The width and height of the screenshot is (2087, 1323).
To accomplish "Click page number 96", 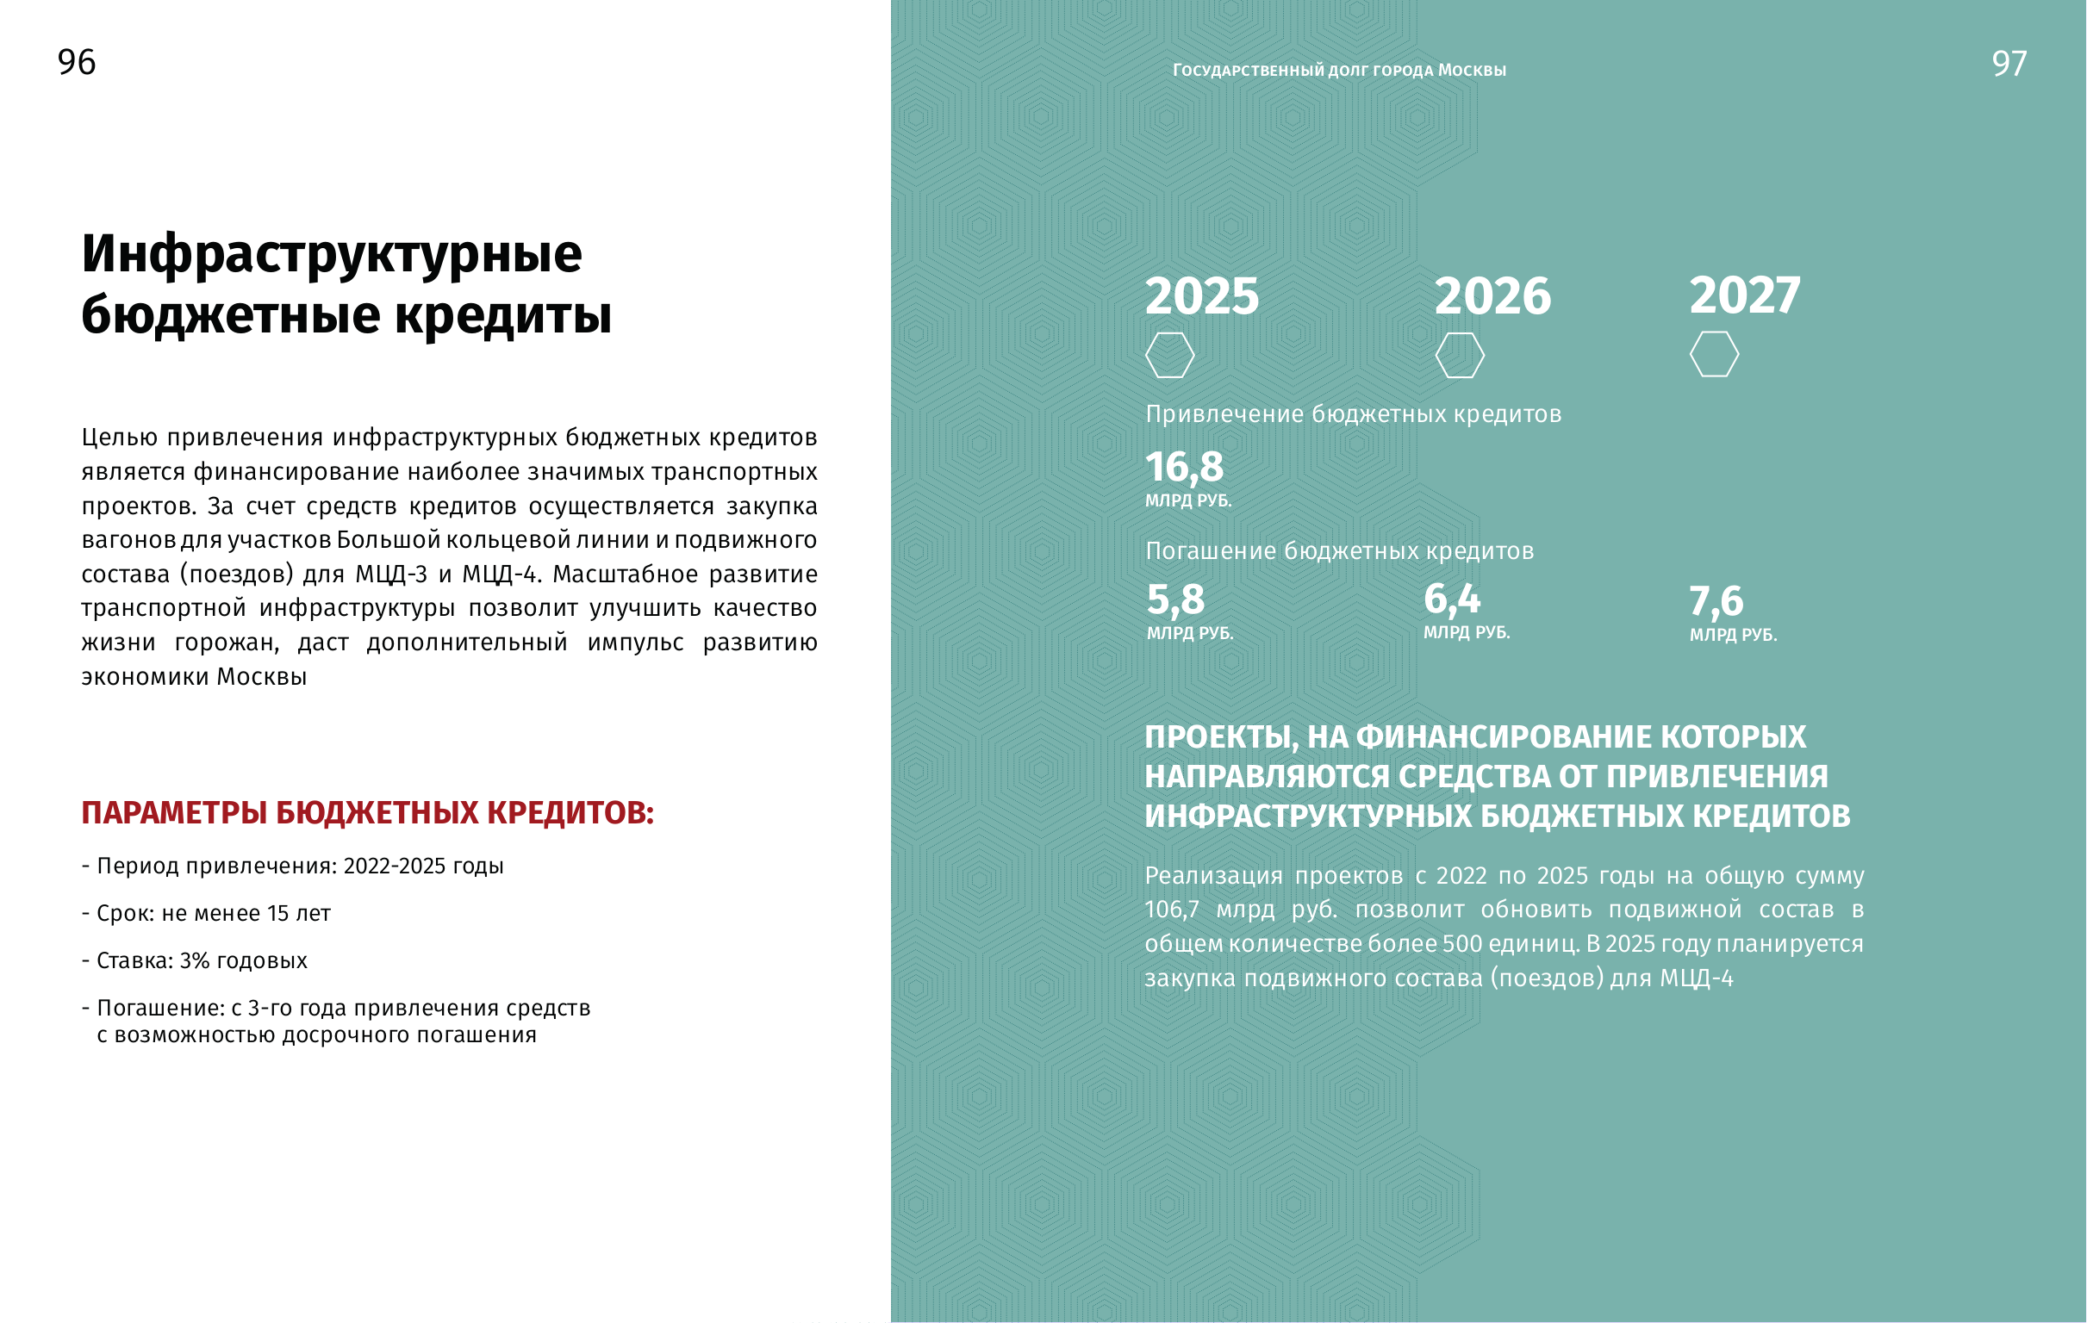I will click(77, 62).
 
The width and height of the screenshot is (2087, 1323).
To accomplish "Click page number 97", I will click(2009, 64).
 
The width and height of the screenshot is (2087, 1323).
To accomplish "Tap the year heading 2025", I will click(1201, 296).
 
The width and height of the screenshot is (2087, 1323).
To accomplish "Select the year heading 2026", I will click(1492, 296).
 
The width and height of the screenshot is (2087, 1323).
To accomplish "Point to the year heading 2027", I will click(1745, 295).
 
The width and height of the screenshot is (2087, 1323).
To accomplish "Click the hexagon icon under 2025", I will click(1169, 355).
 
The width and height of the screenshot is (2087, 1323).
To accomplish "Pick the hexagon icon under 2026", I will click(1460, 355).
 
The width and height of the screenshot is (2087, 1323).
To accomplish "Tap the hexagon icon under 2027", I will click(1713, 354).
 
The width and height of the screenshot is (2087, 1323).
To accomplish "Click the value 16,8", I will click(1184, 468).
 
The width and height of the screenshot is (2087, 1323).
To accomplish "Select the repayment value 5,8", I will click(1175, 599).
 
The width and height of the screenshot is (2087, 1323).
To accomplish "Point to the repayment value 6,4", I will click(1452, 599).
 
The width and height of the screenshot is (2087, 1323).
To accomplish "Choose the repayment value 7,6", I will click(1716, 601).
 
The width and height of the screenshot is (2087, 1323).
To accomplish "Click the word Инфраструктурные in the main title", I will click(331, 254).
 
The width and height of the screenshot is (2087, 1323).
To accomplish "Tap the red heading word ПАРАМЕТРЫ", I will click(173, 813).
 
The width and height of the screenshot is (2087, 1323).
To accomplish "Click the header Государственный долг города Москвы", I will click(1339, 70).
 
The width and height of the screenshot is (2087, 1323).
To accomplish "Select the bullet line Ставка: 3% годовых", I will click(194, 960).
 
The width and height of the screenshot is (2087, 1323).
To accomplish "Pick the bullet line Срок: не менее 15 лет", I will click(206, 913).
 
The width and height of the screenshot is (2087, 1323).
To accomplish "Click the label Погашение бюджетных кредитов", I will click(1339, 551).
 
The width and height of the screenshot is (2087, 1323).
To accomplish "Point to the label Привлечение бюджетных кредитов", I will click(1353, 414).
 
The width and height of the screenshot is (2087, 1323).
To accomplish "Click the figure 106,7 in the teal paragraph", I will click(1172, 910).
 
